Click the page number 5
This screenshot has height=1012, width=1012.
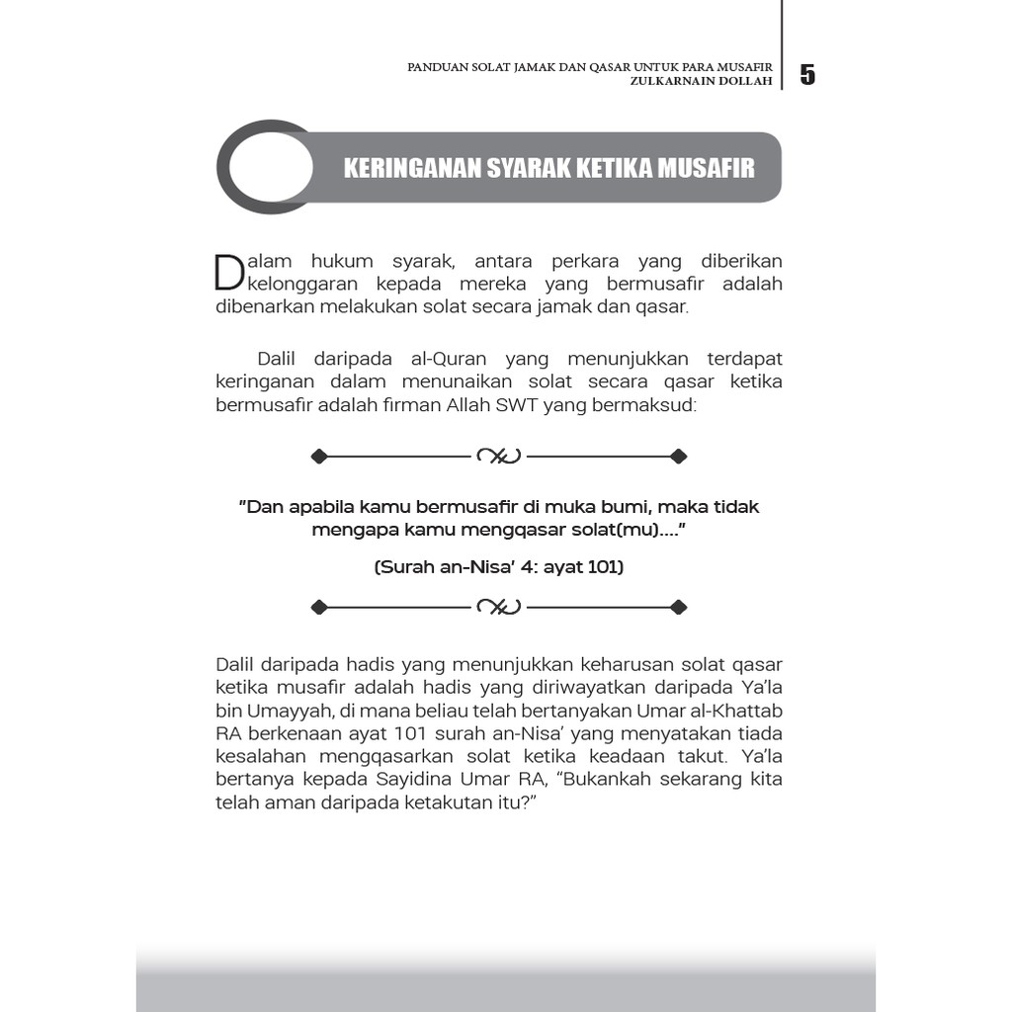click(807, 75)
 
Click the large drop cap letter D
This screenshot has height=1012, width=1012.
click(228, 273)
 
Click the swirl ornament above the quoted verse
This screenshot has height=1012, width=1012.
click(498, 456)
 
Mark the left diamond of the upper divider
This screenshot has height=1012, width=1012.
click(318, 456)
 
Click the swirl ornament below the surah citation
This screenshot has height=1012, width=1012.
click(498, 606)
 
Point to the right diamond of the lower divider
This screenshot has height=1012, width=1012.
click(678, 606)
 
